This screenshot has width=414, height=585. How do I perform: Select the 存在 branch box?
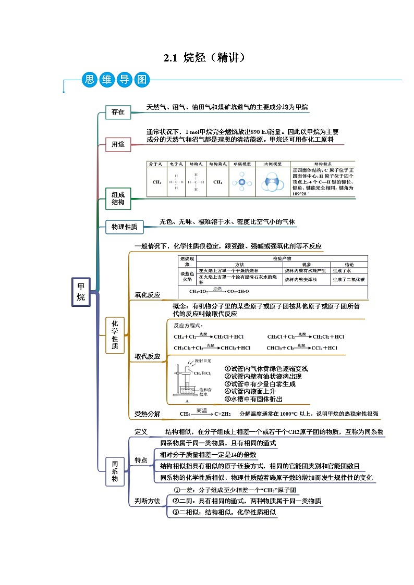(x=118, y=112)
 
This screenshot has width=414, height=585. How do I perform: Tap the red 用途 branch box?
(x=118, y=144)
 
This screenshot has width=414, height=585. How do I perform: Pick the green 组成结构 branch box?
(x=118, y=198)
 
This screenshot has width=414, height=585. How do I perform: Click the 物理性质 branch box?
(x=125, y=227)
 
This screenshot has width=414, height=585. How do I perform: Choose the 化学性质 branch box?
(x=115, y=335)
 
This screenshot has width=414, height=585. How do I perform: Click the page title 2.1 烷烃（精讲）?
(x=204, y=58)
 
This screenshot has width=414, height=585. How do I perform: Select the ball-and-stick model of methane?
(x=241, y=182)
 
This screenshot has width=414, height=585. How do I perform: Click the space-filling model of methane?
(x=273, y=182)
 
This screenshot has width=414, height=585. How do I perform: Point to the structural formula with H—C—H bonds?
(x=196, y=182)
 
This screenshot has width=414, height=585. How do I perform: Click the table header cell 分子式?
(x=156, y=164)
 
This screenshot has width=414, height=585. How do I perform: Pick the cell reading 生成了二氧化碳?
(x=349, y=280)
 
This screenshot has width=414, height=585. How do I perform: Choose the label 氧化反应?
(x=148, y=295)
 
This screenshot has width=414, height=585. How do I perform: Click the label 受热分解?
(x=148, y=414)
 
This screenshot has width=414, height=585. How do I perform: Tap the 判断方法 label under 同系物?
(x=148, y=501)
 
